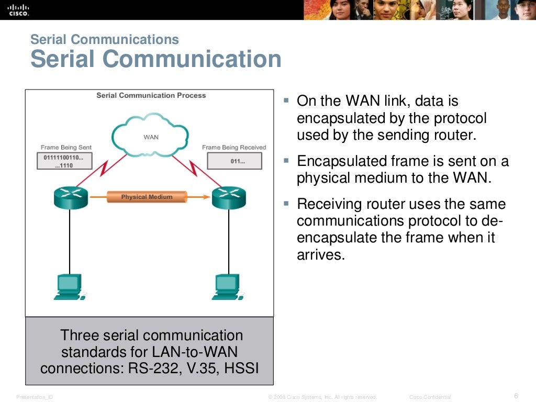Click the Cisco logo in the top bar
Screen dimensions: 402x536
pyautogui.click(x=19, y=9)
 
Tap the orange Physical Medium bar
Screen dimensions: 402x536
pyautogui.click(x=147, y=197)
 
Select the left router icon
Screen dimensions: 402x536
pyautogui.click(x=70, y=197)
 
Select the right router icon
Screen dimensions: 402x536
pyautogui.click(x=228, y=197)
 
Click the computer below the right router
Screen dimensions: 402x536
pyautogui.click(x=227, y=287)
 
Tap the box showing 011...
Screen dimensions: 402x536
pyautogui.click(x=234, y=161)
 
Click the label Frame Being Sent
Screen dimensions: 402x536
pyautogui.click(x=66, y=148)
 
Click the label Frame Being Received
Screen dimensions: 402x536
pyautogui.click(x=234, y=148)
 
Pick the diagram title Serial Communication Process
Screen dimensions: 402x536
pyautogui.click(x=151, y=95)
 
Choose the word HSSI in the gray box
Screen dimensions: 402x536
pyautogui.click(x=241, y=368)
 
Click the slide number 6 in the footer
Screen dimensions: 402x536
pyautogui.click(x=516, y=396)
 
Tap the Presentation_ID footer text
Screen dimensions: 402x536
pyautogui.click(x=35, y=397)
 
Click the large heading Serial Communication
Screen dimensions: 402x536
pyautogui.click(x=156, y=59)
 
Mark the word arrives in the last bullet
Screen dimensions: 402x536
pyautogui.click(x=321, y=255)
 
